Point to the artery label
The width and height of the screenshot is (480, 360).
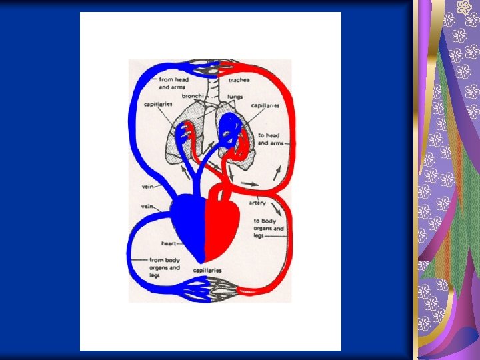click(x=257, y=203)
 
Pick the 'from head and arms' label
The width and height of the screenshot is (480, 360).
click(x=174, y=83)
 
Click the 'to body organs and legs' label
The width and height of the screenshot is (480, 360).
click(x=268, y=228)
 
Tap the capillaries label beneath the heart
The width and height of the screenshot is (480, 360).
click(x=207, y=271)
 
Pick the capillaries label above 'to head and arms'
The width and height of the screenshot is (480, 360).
click(x=265, y=105)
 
